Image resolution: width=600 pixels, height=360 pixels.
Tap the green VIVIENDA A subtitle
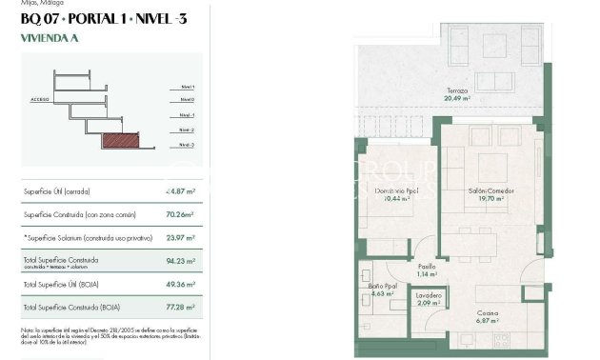click(50, 40)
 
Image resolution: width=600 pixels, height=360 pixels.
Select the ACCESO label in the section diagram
click(39, 99)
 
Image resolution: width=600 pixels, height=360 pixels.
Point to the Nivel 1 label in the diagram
click(188, 87)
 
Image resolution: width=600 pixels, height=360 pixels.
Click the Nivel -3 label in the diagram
click(188, 145)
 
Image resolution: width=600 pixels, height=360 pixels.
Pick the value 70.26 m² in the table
click(180, 215)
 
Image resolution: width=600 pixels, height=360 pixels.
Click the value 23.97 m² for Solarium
click(180, 238)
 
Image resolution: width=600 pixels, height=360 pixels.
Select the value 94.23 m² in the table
click(180, 260)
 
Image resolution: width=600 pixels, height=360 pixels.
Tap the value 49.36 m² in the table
click(180, 284)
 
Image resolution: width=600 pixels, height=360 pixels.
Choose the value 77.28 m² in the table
click(180, 308)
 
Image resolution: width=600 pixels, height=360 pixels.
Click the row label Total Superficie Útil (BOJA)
click(63, 284)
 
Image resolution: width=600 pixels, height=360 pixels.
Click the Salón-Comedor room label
click(491, 191)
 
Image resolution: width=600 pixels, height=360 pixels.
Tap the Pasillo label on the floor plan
click(427, 267)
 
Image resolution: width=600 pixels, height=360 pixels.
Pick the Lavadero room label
click(429, 295)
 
